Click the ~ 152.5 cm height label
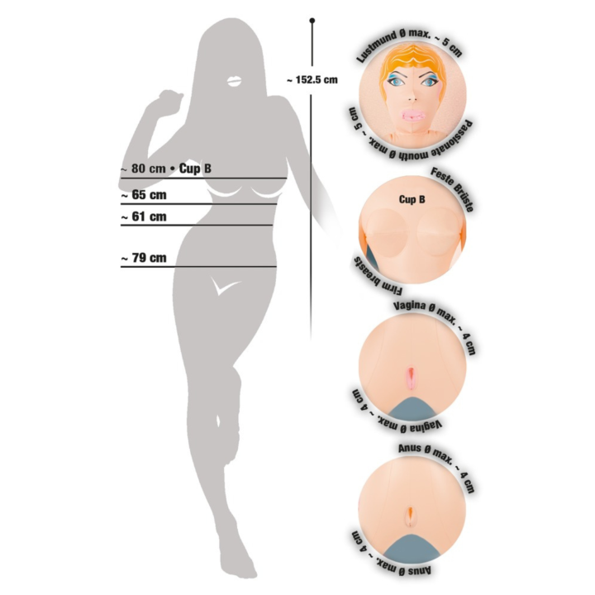click(312, 79)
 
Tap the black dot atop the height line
click(312, 20)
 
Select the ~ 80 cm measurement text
click(143, 169)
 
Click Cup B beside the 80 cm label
click(195, 169)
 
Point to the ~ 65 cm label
click(144, 195)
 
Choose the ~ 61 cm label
click(144, 217)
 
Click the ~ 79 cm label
click(144, 258)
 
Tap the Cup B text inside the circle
click(412, 199)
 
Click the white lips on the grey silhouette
click(234, 81)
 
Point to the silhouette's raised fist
click(169, 99)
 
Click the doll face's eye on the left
click(396, 81)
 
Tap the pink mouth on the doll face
click(413, 115)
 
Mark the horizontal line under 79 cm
click(198, 267)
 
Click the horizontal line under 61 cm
click(197, 225)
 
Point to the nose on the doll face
click(412, 98)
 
